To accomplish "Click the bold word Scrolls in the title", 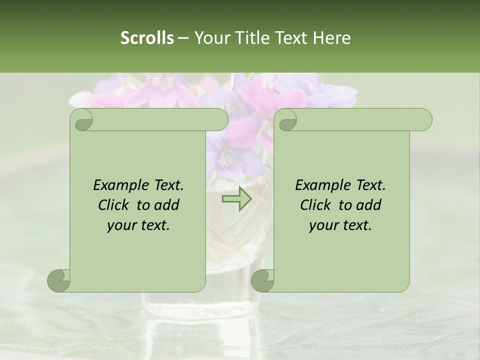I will pos(147,38).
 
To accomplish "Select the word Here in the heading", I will pos(332,38).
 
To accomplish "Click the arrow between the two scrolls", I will pos(236,198).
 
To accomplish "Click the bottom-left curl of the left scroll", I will pos(59,280).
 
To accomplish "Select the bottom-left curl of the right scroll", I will pos(262,280).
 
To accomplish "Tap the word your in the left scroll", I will pos(120,225).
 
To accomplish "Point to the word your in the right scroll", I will pos(322,225).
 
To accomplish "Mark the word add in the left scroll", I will pos(167,205).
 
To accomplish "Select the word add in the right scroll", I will pos(369,205).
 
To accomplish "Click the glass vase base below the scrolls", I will pos(200,305).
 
